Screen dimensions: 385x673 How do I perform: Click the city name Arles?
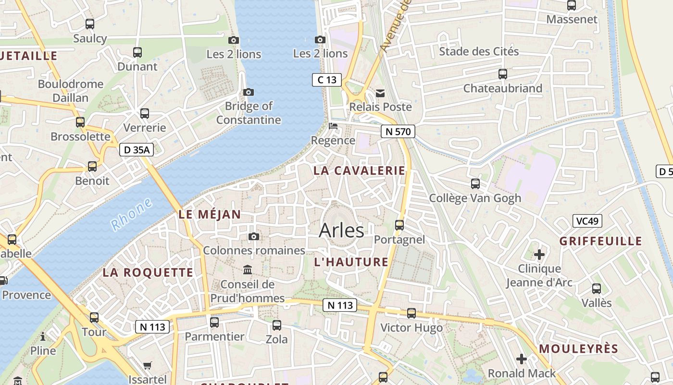coord(341,231)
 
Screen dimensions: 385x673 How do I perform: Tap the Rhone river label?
coord(131,214)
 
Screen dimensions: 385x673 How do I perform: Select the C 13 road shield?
coord(327,80)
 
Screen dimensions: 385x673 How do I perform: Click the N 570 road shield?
coord(398,131)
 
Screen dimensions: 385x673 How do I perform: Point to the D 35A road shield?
coord(137,150)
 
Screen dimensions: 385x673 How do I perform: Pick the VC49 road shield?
coord(587,221)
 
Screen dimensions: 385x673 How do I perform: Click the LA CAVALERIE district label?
coord(359,171)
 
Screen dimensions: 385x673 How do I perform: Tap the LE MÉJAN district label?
coord(210,215)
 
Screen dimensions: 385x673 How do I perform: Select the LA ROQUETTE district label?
coord(148,272)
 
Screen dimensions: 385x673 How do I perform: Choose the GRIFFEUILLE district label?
coord(601,241)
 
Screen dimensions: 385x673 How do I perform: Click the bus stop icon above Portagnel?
coord(399,225)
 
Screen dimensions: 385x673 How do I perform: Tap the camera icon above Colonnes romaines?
coord(254,236)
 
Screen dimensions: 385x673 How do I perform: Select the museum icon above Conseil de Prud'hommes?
coord(248,269)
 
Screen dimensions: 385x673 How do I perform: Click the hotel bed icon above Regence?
coord(333,127)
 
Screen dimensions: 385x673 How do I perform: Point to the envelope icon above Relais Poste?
coord(380,93)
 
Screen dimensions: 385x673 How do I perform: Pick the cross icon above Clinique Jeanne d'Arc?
coord(539,254)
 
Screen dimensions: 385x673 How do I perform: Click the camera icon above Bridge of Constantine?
coord(249,92)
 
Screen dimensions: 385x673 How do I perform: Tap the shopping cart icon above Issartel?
coord(148,365)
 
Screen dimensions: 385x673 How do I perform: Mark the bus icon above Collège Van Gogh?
coord(475,183)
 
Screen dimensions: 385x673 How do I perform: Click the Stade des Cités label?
coord(479,51)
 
